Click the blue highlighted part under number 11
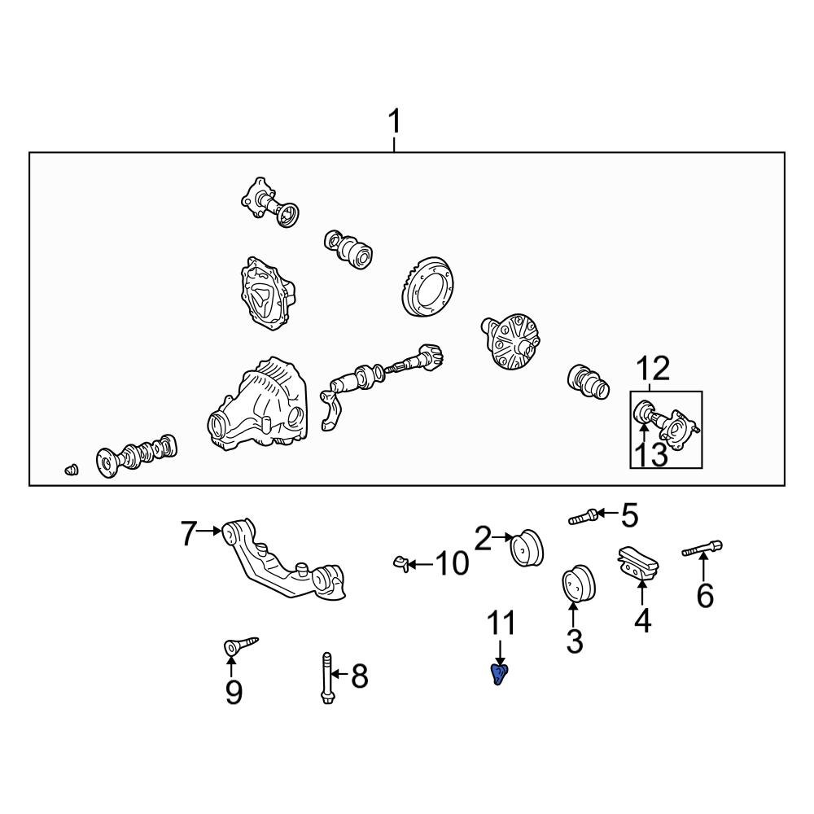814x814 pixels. coord(499,674)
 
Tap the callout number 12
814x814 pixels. coord(653,369)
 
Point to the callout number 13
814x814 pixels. coord(651,455)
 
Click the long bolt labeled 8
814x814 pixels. coord(327,678)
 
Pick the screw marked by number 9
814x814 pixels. coord(240,646)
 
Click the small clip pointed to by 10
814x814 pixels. coord(400,563)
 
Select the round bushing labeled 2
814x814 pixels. coord(527,548)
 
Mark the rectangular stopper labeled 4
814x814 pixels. coord(637,563)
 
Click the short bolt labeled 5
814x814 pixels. coord(584,517)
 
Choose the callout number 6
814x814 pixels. coord(705,595)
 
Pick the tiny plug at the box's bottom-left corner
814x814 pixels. coord(71,470)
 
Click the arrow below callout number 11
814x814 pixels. coord(500,652)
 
